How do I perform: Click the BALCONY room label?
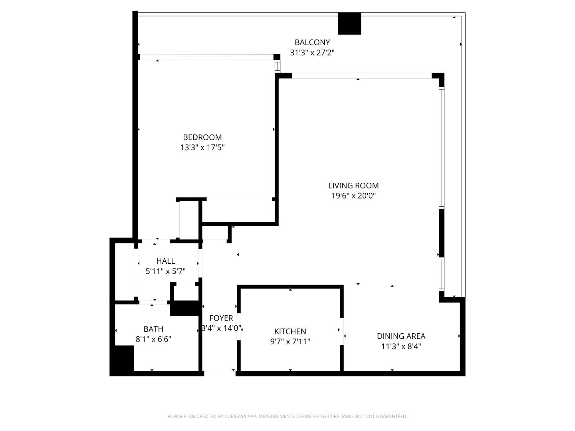pyautogui.click(x=312, y=42)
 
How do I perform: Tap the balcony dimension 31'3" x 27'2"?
pyautogui.click(x=312, y=52)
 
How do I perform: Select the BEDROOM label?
pyautogui.click(x=202, y=137)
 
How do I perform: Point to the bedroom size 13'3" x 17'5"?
pyautogui.click(x=202, y=147)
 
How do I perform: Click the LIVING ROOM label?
pyautogui.click(x=353, y=186)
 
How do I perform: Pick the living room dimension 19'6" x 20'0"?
pyautogui.click(x=353, y=196)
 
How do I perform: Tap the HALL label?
pyautogui.click(x=165, y=261)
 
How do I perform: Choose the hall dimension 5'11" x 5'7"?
pyautogui.click(x=165, y=271)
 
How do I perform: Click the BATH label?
pyautogui.click(x=153, y=329)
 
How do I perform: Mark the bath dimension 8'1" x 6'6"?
pyautogui.click(x=153, y=339)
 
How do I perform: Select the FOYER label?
pyautogui.click(x=221, y=318)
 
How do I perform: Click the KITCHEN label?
pyautogui.click(x=290, y=331)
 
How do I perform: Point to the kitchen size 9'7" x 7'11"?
pyautogui.click(x=290, y=342)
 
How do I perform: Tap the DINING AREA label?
pyautogui.click(x=401, y=336)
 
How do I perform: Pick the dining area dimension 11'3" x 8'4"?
pyautogui.click(x=401, y=346)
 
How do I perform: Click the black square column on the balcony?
pyautogui.click(x=349, y=24)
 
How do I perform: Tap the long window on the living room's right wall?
pyautogui.click(x=441, y=148)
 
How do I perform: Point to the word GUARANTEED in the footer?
pyautogui.click(x=392, y=417)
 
